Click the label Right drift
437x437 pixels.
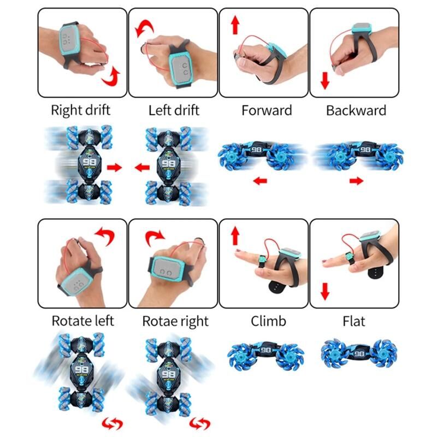click(80, 110)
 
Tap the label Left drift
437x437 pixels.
click(174, 110)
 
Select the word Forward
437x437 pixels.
click(267, 110)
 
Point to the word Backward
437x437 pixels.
click(356, 110)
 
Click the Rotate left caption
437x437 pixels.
click(83, 321)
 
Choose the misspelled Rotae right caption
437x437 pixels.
click(175, 321)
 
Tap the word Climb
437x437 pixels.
click(268, 321)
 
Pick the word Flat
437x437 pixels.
click(353, 321)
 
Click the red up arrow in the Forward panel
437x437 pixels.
click(235, 25)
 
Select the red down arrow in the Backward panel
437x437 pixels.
click(325, 80)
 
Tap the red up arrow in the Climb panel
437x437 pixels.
click(235, 236)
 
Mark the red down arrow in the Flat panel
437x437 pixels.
click(325, 292)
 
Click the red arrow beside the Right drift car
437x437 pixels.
click(115, 168)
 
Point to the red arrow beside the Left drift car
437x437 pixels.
click(142, 168)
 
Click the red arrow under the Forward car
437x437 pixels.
click(260, 181)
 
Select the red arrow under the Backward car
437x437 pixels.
click(357, 181)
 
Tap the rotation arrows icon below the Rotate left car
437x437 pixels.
click(113, 424)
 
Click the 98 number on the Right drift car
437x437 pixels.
click(90, 162)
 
